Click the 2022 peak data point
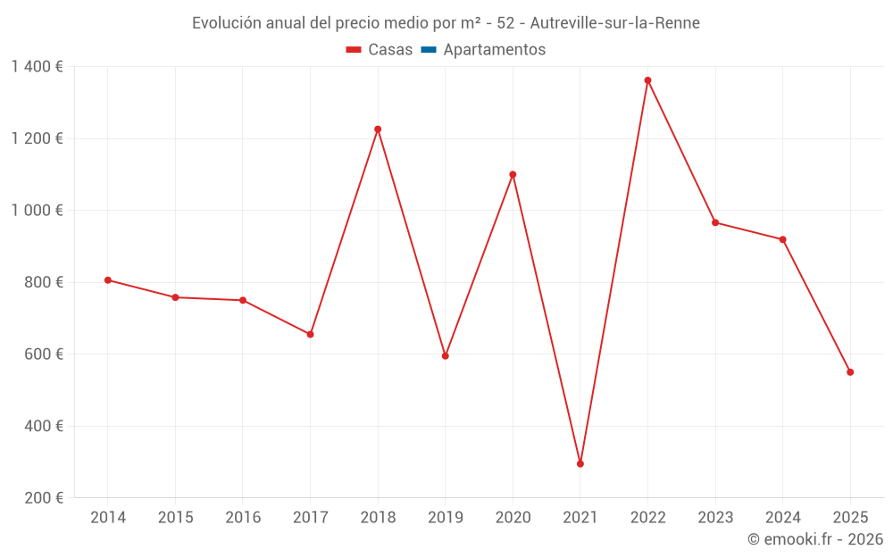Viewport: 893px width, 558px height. point(647,80)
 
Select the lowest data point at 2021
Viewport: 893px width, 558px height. point(580,463)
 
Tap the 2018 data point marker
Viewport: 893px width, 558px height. point(378,129)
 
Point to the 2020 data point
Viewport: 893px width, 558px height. point(513,174)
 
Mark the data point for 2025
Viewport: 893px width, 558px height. point(850,372)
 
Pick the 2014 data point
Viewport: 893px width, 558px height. point(108,280)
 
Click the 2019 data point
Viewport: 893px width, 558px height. point(446,356)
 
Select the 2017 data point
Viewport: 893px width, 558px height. point(310,335)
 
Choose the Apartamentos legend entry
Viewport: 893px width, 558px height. point(494,50)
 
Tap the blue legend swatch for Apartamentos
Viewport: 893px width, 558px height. point(428,50)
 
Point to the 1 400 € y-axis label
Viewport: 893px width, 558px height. point(38,67)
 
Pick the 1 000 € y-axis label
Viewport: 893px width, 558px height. point(38,211)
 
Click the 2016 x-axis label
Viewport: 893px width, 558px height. point(243,518)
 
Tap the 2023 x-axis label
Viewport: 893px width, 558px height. point(715,518)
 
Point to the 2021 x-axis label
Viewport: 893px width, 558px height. point(580,518)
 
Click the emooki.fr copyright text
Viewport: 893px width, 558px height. point(815,539)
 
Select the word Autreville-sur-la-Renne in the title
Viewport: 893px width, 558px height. point(614,22)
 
